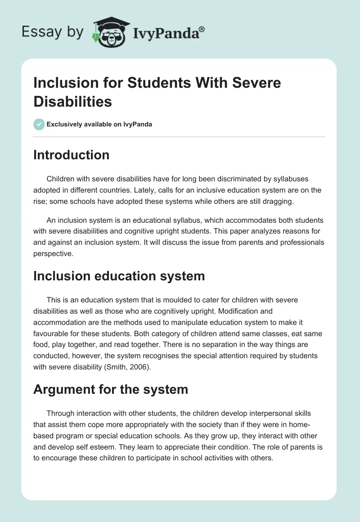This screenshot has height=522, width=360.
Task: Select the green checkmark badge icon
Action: click(x=39, y=124)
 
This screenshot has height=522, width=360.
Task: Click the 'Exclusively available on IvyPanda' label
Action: click(x=99, y=124)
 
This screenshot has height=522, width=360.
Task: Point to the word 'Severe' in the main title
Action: click(x=255, y=83)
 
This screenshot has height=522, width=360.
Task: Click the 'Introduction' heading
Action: click(x=71, y=155)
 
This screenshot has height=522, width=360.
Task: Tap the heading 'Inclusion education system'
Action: click(x=119, y=276)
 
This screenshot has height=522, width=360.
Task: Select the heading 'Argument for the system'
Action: click(x=110, y=390)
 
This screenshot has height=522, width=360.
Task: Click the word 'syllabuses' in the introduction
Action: click(x=287, y=179)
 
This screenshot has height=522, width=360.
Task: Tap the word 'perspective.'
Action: click(x=53, y=253)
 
